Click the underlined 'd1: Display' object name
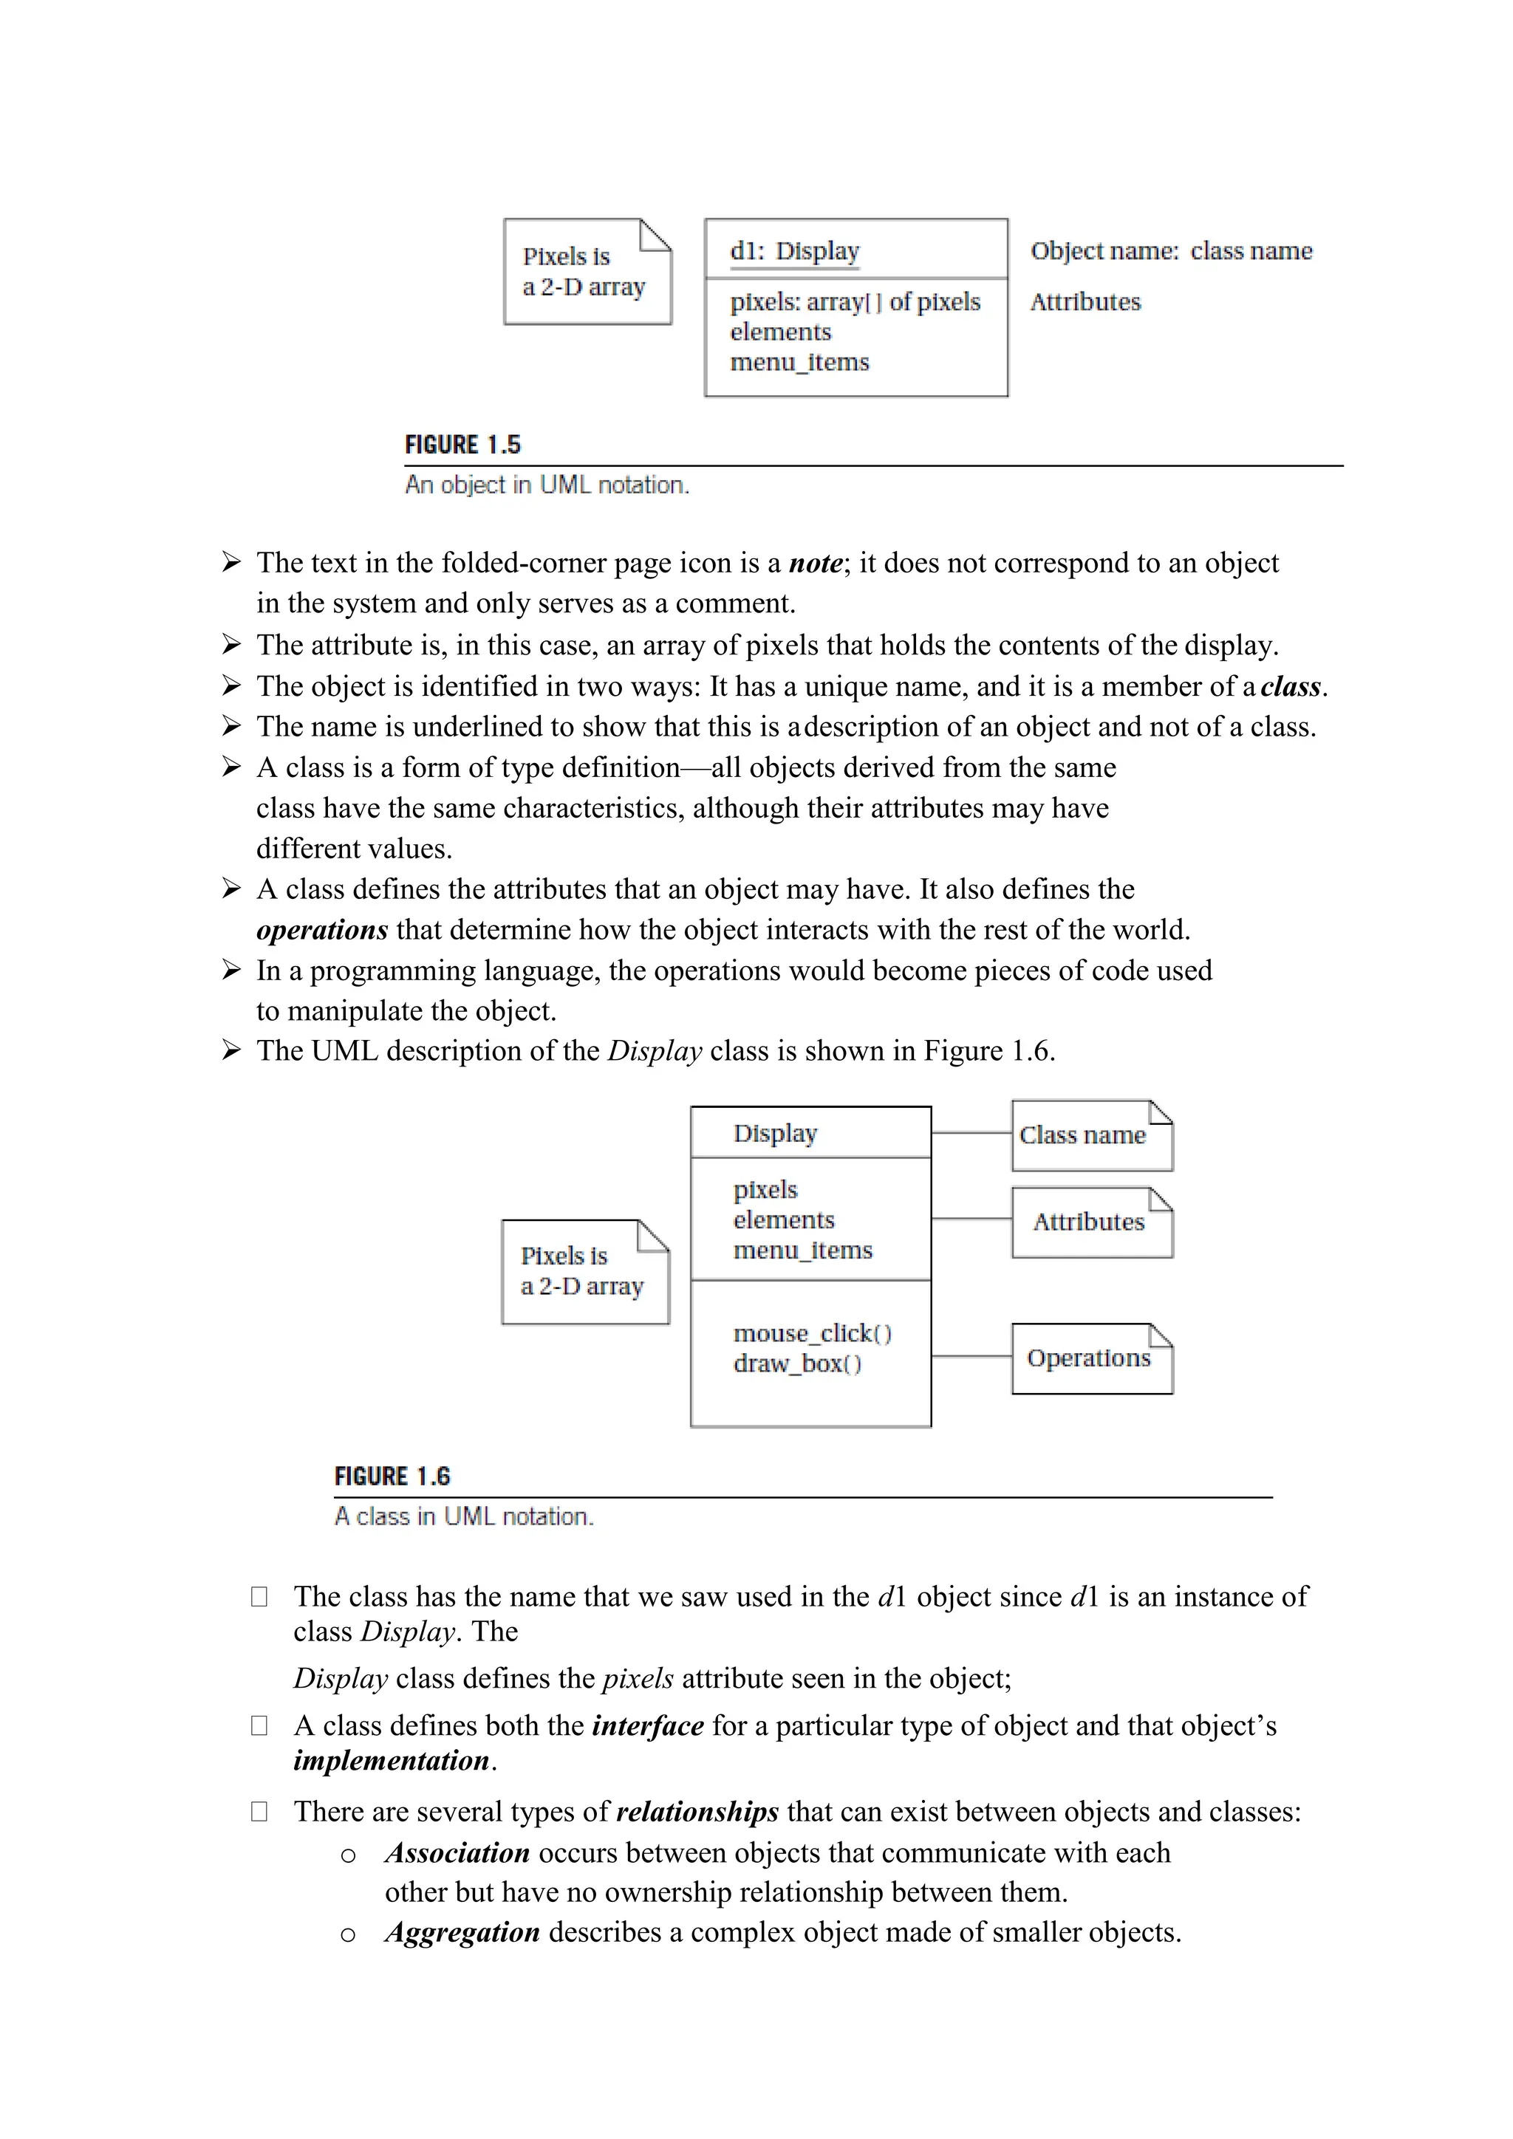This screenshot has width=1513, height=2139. (x=793, y=252)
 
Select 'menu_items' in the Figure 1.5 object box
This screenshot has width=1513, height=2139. (x=799, y=363)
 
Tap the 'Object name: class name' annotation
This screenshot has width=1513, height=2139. (x=1170, y=252)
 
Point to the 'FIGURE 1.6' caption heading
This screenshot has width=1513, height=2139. (x=392, y=1476)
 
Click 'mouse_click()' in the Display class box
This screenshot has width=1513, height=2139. (x=811, y=1334)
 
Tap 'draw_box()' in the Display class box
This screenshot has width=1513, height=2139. (x=796, y=1364)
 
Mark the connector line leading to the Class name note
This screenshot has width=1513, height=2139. (x=971, y=1133)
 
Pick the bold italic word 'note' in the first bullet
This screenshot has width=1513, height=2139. (x=815, y=564)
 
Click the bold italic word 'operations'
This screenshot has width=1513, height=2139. (x=321, y=931)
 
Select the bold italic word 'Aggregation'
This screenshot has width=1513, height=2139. (x=462, y=1932)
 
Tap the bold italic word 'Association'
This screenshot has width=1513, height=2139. (x=457, y=1853)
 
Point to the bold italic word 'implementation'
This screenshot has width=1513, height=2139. (x=392, y=1761)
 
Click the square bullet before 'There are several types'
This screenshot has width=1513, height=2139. (x=259, y=1811)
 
